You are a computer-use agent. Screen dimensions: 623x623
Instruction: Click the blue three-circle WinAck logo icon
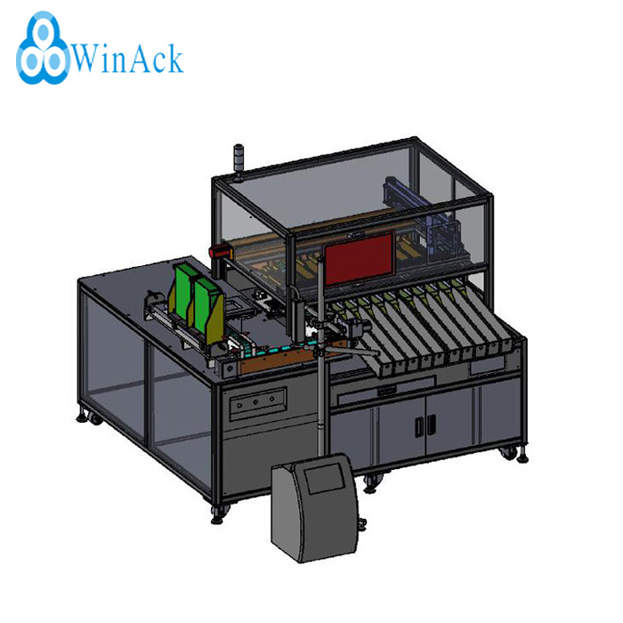43,49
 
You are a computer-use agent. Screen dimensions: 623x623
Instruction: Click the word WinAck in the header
128,59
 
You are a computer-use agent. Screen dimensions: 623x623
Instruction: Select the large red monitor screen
360,259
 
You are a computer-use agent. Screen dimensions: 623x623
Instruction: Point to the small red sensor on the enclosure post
221,252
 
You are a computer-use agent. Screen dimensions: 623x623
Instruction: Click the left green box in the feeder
184,289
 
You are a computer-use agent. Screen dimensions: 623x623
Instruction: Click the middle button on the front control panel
256,402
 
